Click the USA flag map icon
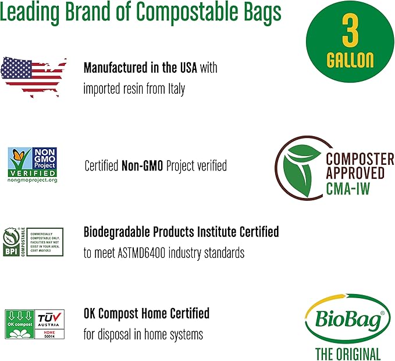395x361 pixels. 34,74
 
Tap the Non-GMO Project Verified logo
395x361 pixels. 33,165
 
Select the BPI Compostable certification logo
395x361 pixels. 33,242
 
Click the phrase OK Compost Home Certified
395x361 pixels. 146,314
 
